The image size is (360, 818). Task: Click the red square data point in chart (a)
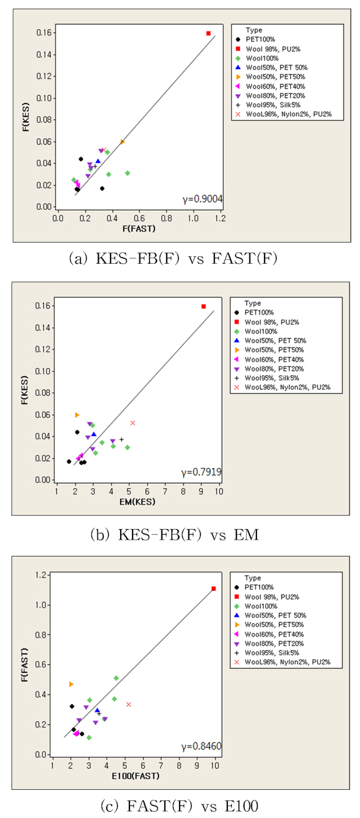click(208, 33)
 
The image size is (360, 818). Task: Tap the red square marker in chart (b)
click(204, 306)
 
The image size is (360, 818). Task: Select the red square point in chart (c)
click(214, 589)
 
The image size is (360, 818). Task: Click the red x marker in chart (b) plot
click(133, 423)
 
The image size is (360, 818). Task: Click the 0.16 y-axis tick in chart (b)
click(43, 306)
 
